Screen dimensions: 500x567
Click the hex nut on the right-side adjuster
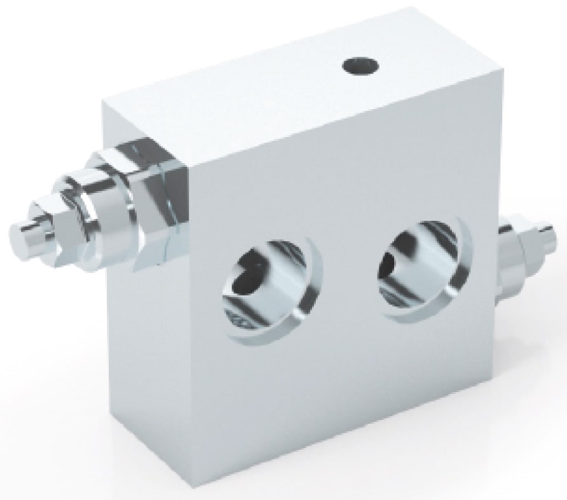point(528,244)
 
